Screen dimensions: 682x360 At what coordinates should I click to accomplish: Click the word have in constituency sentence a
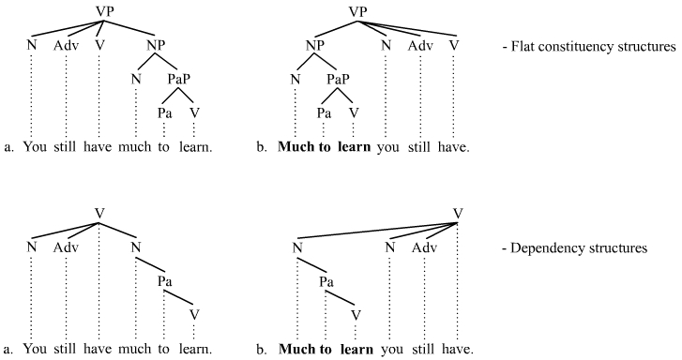pyautogui.click(x=99, y=146)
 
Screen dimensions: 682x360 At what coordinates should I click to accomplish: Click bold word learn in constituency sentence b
pyautogui.click(x=356, y=146)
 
